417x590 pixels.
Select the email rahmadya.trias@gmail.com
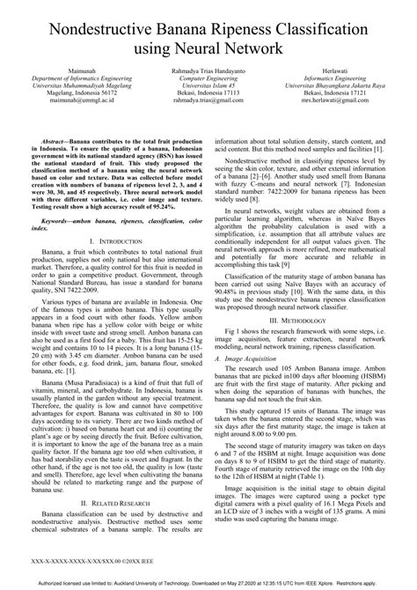click(x=208, y=100)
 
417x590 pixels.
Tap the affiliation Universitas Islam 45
click(x=208, y=85)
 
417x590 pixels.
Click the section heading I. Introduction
click(x=110, y=240)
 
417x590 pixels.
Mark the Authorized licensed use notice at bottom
click(x=208, y=581)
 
